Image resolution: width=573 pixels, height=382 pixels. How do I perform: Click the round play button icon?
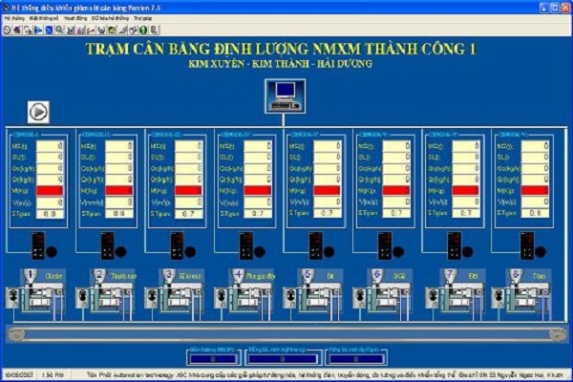tap(38, 110)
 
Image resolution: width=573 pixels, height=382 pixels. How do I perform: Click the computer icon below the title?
tap(284, 94)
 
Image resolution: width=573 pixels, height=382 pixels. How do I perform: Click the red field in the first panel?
tap(50, 191)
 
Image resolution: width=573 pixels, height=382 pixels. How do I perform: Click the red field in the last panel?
tap(535, 191)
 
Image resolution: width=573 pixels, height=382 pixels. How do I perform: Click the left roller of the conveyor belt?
tap(12, 333)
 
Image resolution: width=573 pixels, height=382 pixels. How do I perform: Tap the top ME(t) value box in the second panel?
tap(119, 146)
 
